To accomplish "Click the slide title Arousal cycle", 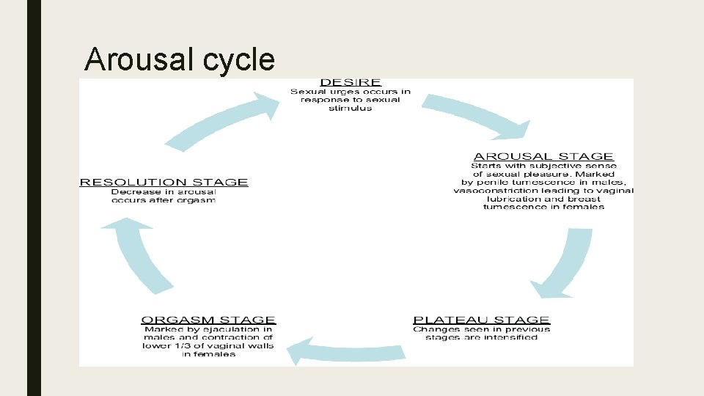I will pos(179,59).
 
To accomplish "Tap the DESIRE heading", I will pos(351,82).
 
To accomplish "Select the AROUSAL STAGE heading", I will pos(543,156).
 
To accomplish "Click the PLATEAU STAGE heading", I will pos(481,320).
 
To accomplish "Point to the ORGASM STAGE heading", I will pos(208,320).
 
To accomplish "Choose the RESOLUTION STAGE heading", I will pos(164,182).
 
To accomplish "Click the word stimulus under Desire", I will pos(351,109).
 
